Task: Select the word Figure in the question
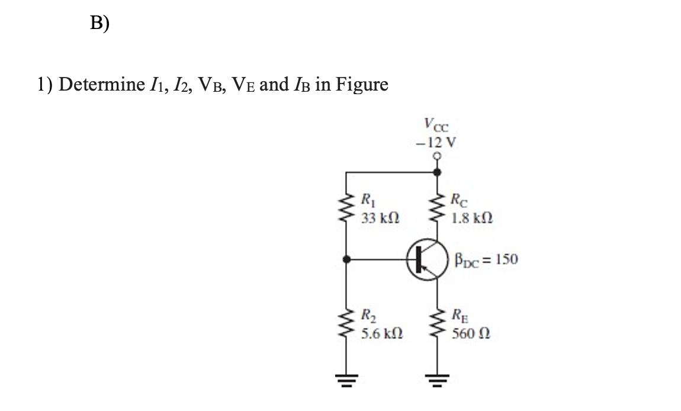pyautogui.click(x=362, y=85)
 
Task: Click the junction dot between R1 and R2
pyautogui.click(x=346, y=259)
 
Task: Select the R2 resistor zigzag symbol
pyautogui.click(x=346, y=325)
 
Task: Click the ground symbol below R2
pyautogui.click(x=346, y=378)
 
